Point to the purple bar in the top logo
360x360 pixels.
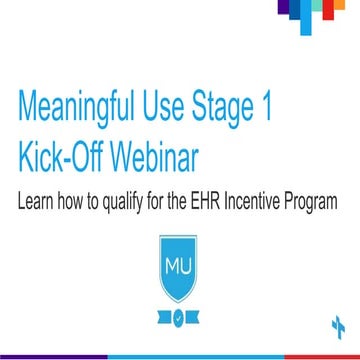(283, 9)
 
